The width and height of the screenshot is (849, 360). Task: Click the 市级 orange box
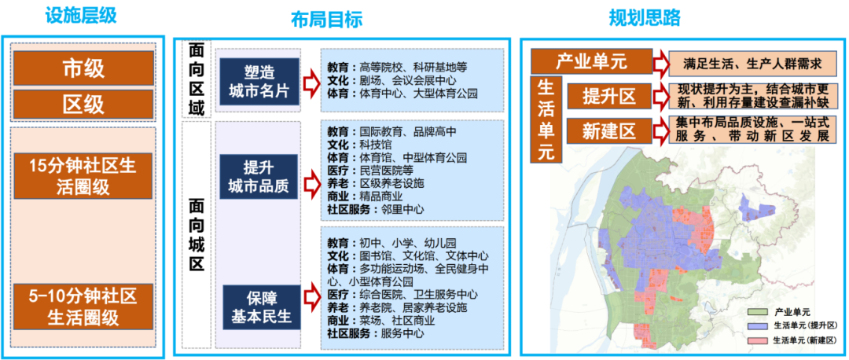[83, 68]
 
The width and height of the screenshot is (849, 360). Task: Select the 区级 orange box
[83, 104]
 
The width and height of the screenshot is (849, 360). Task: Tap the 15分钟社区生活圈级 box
[83, 177]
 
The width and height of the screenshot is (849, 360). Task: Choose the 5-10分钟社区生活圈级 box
[83, 307]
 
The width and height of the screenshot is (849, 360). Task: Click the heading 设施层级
[81, 16]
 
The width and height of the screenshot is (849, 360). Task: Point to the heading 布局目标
[326, 20]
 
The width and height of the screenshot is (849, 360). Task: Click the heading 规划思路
[645, 18]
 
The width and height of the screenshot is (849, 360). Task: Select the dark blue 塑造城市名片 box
[259, 82]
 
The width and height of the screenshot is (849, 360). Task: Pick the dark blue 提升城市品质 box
[259, 176]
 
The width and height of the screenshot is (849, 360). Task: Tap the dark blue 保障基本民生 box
[262, 307]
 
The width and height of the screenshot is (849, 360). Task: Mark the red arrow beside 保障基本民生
[311, 297]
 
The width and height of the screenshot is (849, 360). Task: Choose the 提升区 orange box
[608, 97]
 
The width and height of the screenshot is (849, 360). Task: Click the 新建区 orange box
[608, 131]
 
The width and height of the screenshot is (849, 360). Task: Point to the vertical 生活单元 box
[546, 119]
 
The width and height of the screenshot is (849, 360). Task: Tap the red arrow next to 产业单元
[660, 63]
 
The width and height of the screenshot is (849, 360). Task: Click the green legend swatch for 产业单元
[759, 312]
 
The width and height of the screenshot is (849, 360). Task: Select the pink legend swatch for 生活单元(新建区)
[759, 340]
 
